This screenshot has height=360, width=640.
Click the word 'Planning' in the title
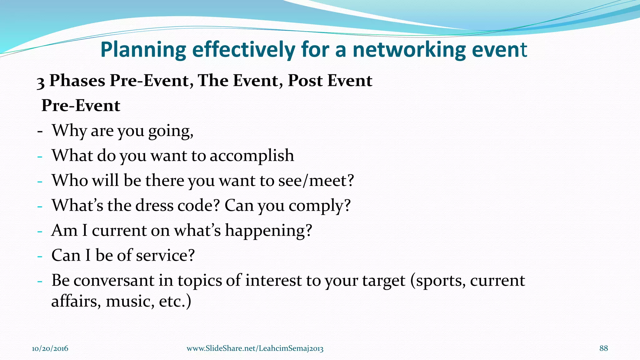click(143, 50)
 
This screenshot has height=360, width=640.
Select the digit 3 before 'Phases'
click(41, 82)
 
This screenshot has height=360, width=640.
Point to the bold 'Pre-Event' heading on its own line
click(81, 106)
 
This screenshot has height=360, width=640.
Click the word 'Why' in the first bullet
click(69, 131)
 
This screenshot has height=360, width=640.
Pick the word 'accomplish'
click(252, 156)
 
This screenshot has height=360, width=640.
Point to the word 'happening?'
click(268, 231)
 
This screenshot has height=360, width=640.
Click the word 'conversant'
click(114, 280)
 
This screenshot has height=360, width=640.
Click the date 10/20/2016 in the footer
click(50, 348)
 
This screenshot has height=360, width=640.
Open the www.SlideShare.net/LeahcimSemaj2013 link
click(255, 348)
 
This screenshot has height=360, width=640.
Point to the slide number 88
click(603, 348)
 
